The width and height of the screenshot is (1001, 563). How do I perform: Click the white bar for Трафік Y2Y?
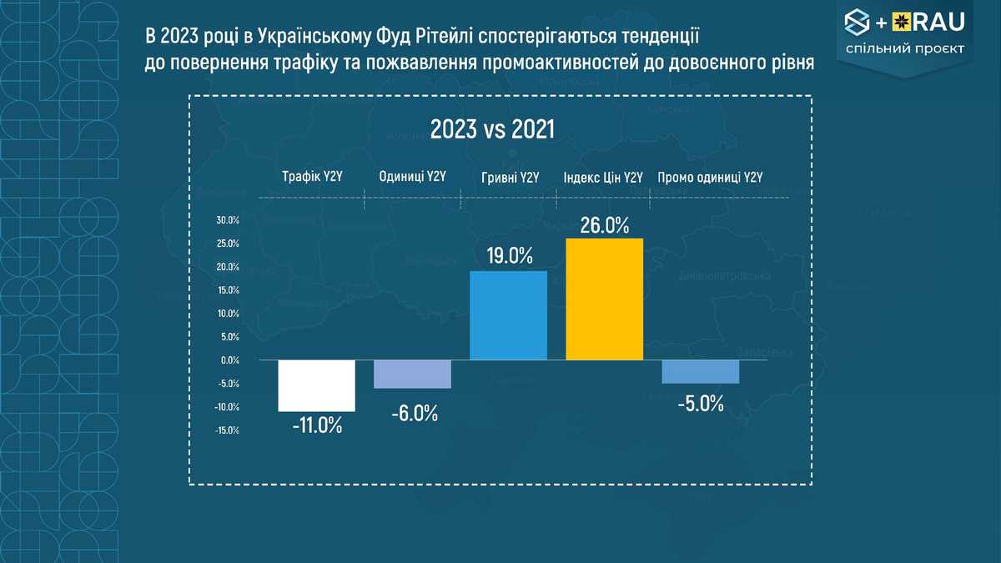coord(316,385)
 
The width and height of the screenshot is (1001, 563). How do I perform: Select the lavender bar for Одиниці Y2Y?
coord(412,374)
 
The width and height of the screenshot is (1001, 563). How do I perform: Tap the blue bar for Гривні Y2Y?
coord(508,315)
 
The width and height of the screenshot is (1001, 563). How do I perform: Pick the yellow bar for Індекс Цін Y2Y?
coord(604,299)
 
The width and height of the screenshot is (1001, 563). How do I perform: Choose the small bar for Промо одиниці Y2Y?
coord(700,371)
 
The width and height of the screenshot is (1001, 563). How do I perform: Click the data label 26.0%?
coord(604,226)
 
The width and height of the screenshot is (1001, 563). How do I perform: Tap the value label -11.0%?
coord(317,425)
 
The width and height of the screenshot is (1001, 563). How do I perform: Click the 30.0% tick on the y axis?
coord(228,220)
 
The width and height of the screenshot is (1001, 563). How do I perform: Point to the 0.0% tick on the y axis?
coord(229,360)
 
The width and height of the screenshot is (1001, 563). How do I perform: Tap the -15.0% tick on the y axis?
coord(227,430)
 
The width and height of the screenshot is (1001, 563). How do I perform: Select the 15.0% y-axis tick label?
coord(228,290)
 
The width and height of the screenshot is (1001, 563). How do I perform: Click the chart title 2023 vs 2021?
coord(492,130)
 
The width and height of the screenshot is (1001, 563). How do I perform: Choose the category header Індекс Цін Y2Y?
coord(603,177)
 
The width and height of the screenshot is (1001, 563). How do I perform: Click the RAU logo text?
coord(934,20)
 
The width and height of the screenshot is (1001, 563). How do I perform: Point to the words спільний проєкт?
coord(904,48)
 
